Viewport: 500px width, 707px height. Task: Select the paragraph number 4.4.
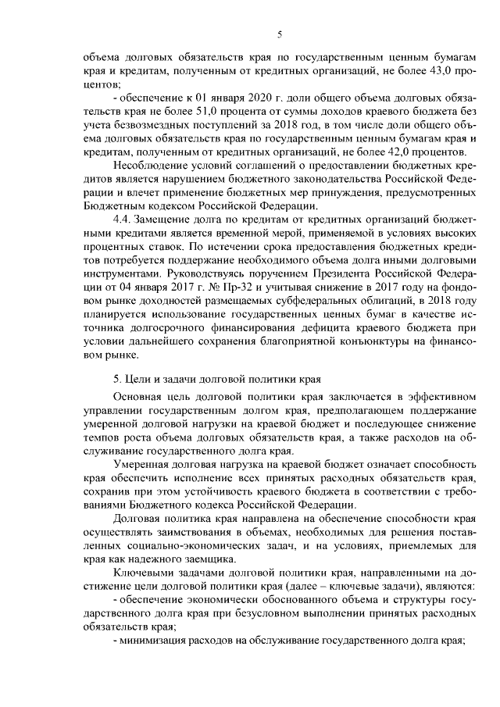coord(123,225)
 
